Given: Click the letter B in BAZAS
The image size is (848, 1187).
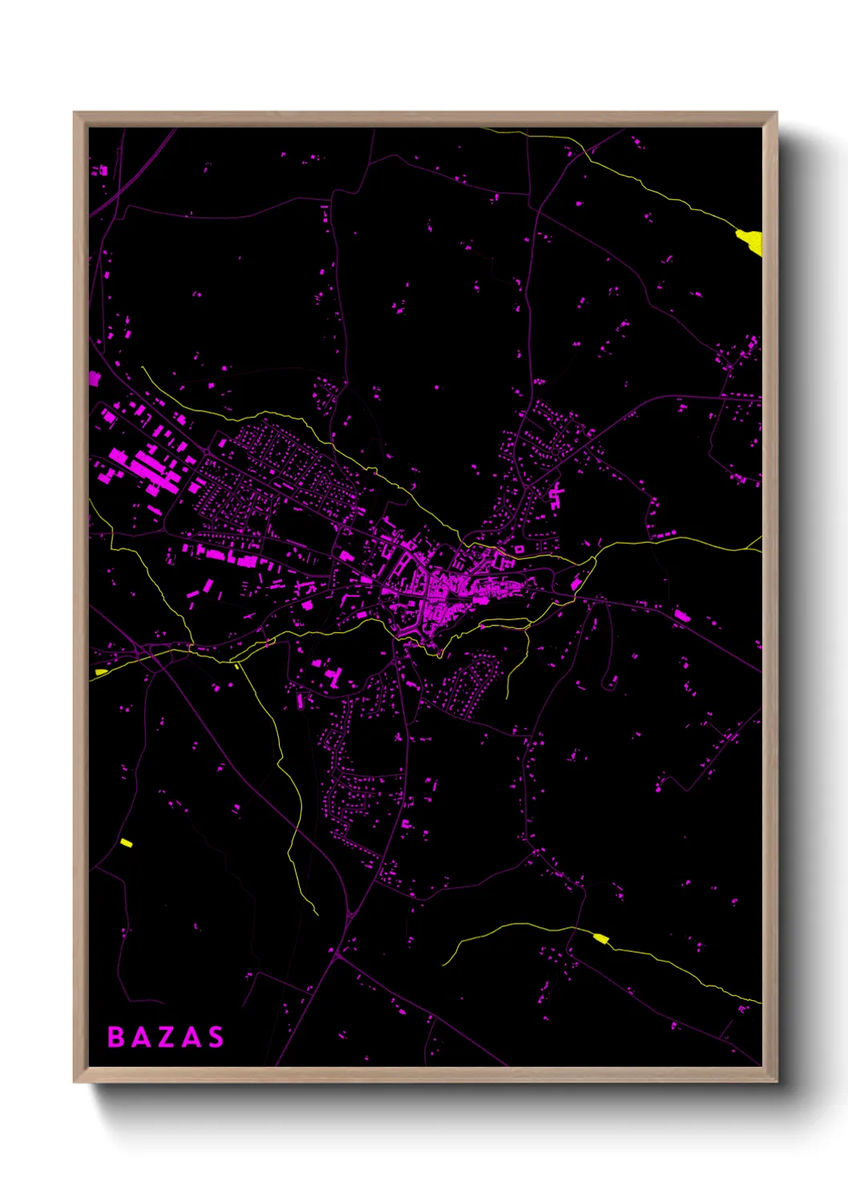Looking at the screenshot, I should coord(116,1037).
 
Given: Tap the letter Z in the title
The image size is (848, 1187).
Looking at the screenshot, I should coord(166,1037).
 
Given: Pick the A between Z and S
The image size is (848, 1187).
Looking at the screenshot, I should coord(191,1037).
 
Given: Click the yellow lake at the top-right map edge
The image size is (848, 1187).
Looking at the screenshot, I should coord(751,241).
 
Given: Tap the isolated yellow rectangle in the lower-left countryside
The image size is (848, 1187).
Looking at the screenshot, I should coord(126,842).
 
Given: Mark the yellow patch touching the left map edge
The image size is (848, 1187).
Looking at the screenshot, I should coord(100,672).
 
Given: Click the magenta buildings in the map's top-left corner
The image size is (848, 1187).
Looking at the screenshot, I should coord(100,171).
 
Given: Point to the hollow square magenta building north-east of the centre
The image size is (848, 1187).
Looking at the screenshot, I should coord(519,549).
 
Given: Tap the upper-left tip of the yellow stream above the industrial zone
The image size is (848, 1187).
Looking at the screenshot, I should coord(143,368).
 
